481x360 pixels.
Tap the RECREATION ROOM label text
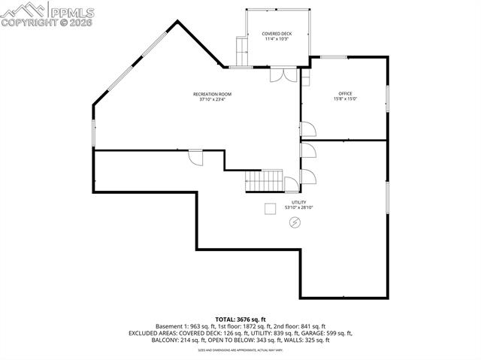(212, 94)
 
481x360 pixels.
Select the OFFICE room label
(344, 94)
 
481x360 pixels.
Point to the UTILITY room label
(298, 202)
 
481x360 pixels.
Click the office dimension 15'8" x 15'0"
(344, 99)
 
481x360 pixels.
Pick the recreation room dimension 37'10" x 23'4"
(212, 99)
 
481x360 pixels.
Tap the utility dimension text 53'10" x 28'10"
(298, 207)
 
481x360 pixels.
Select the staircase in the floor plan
(265, 180)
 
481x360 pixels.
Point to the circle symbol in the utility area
(295, 222)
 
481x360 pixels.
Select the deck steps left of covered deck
(241, 51)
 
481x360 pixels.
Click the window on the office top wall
(334, 57)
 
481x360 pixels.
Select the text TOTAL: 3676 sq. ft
(240, 320)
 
